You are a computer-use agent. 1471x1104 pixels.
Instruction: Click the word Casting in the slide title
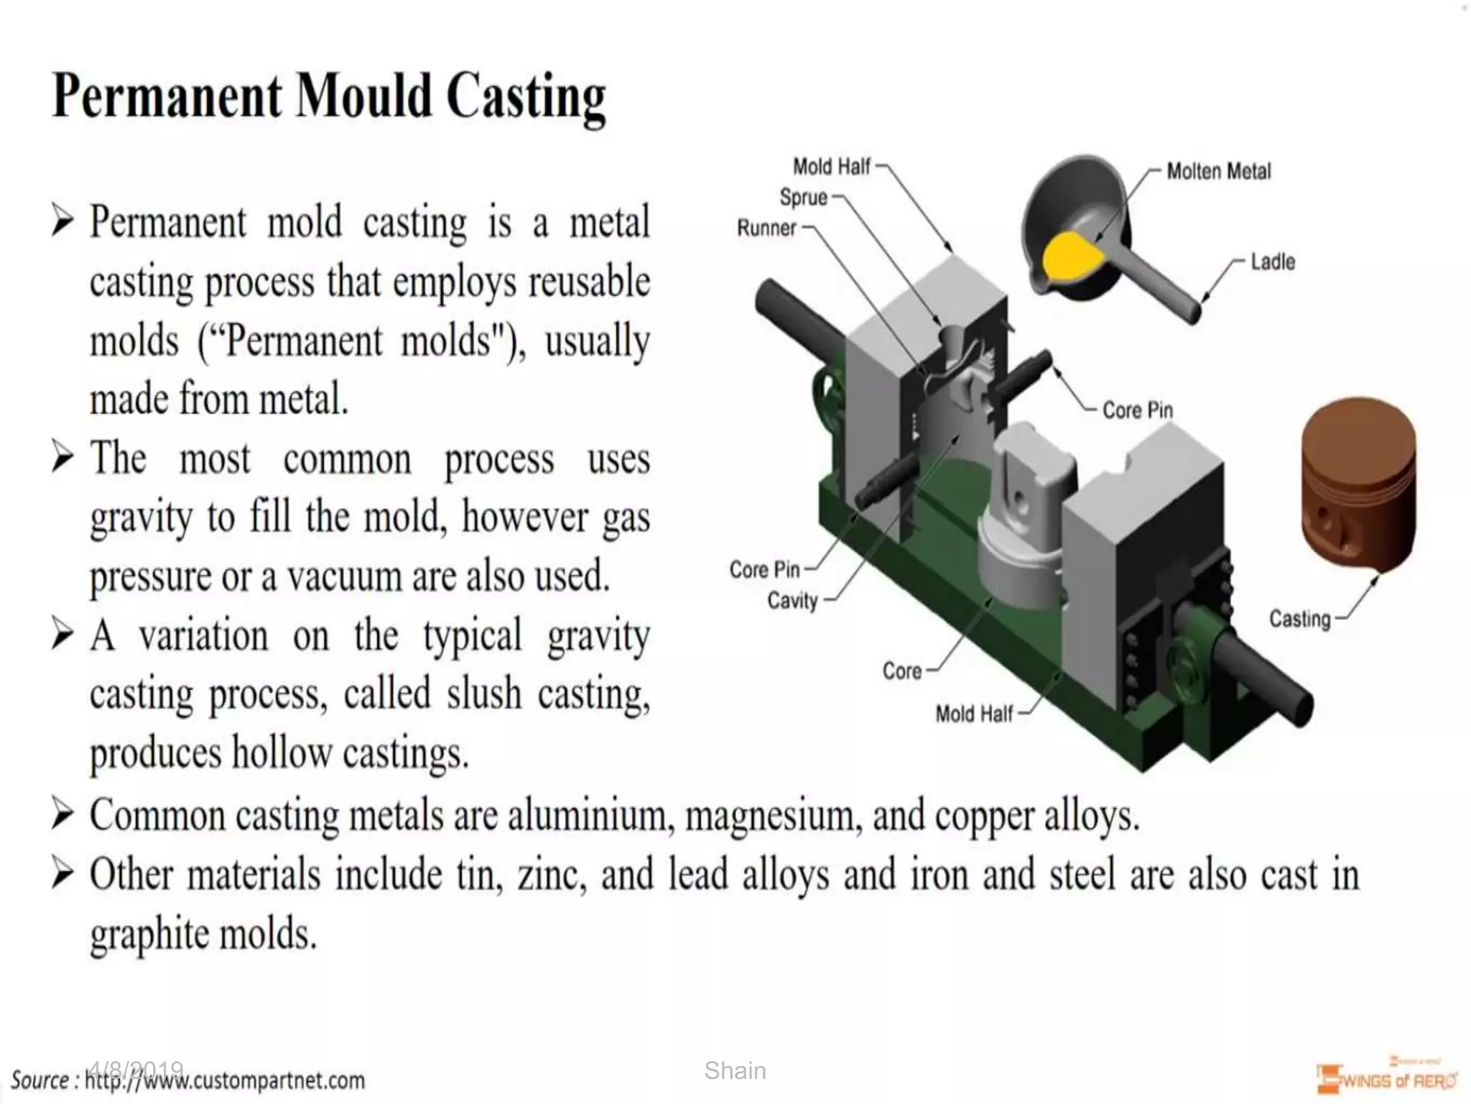(526, 98)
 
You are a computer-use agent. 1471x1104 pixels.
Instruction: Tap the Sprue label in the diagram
(804, 197)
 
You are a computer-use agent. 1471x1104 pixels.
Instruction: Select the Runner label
(766, 229)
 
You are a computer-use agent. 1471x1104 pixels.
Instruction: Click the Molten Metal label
(1218, 172)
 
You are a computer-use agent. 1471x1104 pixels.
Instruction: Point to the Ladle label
(1273, 262)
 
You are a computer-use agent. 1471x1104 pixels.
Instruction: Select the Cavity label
(792, 600)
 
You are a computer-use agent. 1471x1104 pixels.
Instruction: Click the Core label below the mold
(901, 671)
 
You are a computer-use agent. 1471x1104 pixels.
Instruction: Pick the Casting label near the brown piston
(1299, 619)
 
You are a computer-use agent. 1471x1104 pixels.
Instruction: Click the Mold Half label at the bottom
(973, 714)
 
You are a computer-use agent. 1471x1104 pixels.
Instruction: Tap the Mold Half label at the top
(831, 167)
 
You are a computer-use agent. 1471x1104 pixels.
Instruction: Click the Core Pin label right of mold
(1137, 410)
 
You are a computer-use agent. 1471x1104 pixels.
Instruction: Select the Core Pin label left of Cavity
(764, 570)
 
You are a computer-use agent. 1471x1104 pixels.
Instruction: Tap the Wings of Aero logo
(1386, 1078)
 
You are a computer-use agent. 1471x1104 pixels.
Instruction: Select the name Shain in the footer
(735, 1070)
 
